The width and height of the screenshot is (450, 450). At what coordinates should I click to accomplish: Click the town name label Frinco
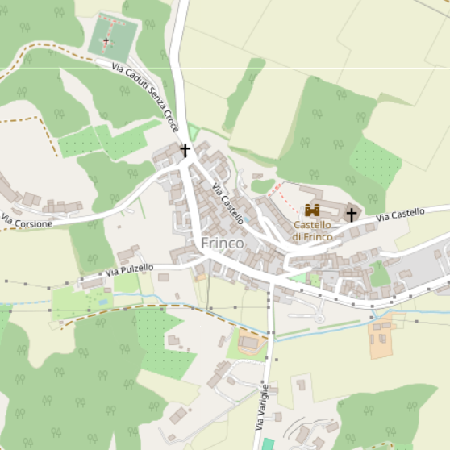coord(222,243)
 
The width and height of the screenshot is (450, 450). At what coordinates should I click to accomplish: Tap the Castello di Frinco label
coord(311,231)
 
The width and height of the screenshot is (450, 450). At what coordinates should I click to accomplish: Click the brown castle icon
coord(312,210)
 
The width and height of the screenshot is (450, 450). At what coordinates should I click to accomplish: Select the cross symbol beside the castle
coord(351,215)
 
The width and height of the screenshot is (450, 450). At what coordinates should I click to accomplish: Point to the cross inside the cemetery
coord(106,40)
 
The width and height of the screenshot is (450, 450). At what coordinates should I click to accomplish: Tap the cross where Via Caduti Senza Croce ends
coord(185,150)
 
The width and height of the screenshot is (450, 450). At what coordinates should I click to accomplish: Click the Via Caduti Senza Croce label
coord(145,98)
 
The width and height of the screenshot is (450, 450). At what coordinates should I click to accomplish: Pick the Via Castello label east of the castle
coord(400,215)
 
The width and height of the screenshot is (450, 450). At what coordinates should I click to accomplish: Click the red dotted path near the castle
coord(275,190)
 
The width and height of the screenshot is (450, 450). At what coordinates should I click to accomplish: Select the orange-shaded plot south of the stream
coord(380,339)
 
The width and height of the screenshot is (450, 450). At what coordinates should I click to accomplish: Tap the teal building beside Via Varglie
coord(268,444)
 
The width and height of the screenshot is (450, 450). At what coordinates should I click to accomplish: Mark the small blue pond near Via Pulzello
coord(103,302)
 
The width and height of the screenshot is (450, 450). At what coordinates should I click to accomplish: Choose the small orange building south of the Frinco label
coord(201,277)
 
